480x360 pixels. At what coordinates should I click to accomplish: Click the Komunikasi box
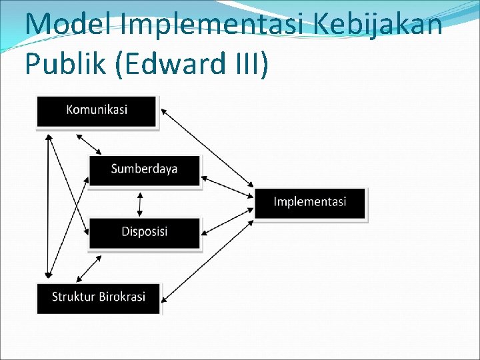click(x=97, y=111)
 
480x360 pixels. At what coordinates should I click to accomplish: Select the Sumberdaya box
click(x=144, y=169)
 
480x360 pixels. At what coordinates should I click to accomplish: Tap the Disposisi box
click(x=144, y=232)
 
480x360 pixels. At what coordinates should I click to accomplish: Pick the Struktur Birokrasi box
click(x=99, y=297)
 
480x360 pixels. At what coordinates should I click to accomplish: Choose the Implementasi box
click(x=310, y=202)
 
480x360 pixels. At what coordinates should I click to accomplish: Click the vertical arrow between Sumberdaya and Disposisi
click(x=140, y=204)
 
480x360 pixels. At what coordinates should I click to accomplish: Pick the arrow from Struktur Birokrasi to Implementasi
click(x=207, y=257)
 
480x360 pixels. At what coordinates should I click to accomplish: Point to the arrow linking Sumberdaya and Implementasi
click(x=227, y=187)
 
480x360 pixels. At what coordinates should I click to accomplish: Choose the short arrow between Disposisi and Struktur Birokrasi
click(x=89, y=268)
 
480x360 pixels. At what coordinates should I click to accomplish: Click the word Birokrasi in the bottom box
click(x=121, y=297)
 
